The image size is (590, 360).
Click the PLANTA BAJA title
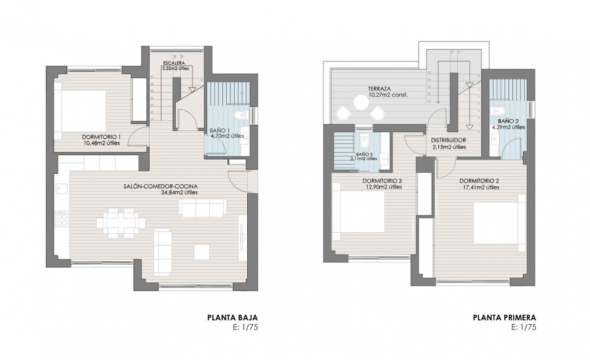click(x=232, y=318)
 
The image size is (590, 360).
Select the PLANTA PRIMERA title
click(x=504, y=318)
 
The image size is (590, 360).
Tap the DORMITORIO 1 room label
click(x=101, y=137)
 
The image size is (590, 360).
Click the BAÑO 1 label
click(x=220, y=130)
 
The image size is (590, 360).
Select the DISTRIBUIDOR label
click(x=448, y=140)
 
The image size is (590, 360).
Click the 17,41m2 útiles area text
click(x=480, y=187)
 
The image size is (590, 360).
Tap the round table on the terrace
click(x=360, y=102)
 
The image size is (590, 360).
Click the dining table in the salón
click(x=118, y=222)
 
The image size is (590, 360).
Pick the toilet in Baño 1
click(x=242, y=116)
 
